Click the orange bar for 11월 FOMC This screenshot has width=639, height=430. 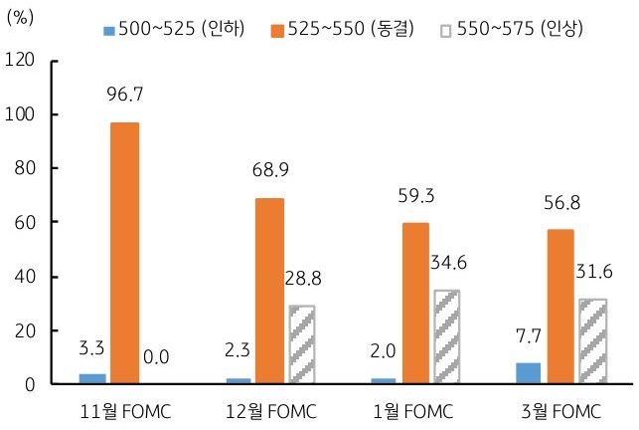pyautogui.click(x=124, y=253)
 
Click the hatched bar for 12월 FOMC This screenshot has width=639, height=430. pyautogui.click(x=301, y=344)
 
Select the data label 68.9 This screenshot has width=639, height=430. pyautogui.click(x=269, y=170)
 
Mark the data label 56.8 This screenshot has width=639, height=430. pyautogui.click(x=561, y=202)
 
